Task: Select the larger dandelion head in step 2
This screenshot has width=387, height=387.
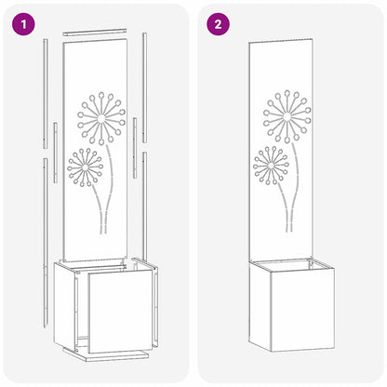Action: click(286, 116)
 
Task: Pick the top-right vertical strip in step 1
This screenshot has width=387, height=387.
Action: click(144, 74)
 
